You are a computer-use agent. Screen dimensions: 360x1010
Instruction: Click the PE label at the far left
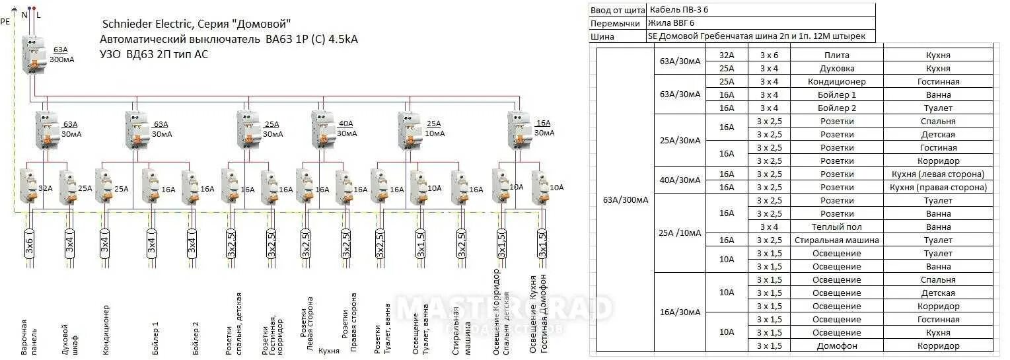point(5,21)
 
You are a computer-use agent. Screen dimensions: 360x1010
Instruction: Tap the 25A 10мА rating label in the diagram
point(433,128)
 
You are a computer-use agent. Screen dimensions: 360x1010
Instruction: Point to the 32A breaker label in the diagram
point(46,188)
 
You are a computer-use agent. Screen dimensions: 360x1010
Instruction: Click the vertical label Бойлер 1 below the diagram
point(156,338)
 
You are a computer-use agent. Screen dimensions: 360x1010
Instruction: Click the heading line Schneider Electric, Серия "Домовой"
point(195,24)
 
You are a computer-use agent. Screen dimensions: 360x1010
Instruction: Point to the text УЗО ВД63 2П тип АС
point(154,54)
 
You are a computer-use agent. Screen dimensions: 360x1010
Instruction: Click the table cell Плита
point(836,55)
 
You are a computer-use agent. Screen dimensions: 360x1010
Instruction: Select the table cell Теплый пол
point(836,227)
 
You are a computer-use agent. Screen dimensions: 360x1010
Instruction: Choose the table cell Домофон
point(836,345)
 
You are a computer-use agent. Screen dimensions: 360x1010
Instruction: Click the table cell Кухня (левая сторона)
point(938,174)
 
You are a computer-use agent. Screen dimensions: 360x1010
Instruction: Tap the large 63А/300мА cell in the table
point(625,200)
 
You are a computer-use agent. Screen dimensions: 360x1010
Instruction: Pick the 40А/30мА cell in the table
point(680,180)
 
